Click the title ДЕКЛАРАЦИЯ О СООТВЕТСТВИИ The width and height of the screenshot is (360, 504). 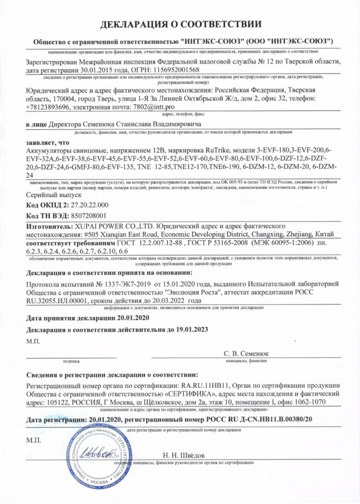tap(180, 24)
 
